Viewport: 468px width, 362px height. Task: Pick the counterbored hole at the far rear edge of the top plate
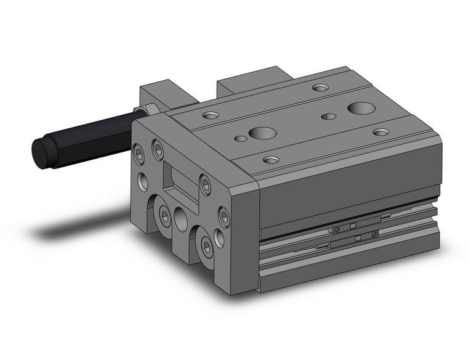pos(320,88)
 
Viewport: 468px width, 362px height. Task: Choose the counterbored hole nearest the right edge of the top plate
pos(381,132)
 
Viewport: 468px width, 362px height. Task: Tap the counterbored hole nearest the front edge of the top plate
pos(271,160)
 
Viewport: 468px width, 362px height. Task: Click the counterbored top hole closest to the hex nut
pos(210,115)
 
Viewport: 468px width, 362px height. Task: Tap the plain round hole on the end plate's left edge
pos(142,181)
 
